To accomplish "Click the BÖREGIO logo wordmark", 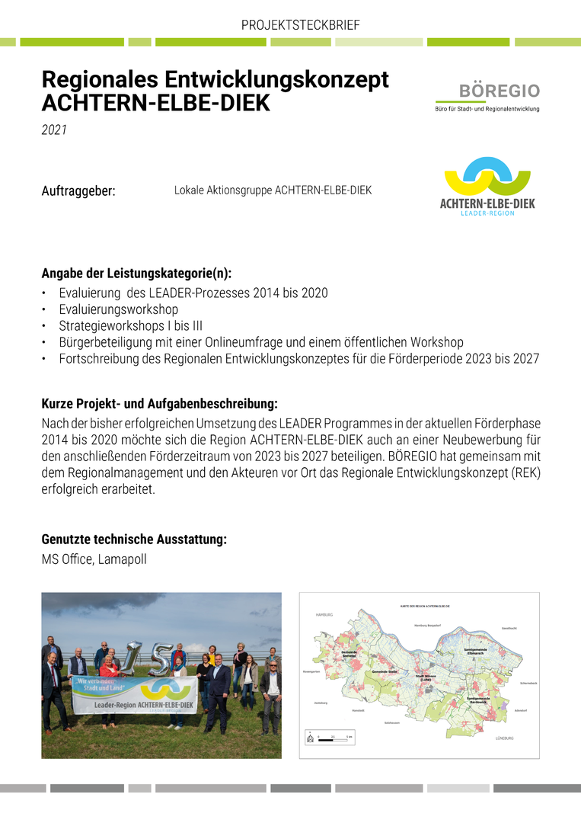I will point(499,91).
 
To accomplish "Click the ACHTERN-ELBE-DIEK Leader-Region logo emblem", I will point(487,178).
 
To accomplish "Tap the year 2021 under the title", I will point(54,130).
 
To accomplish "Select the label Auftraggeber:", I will point(78,191).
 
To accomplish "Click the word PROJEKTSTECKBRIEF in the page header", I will point(300,25).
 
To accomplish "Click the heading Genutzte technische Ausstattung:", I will point(134,540).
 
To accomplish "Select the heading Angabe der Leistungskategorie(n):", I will point(136,273).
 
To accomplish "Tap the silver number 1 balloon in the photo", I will point(133,655).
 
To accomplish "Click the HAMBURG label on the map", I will point(325,614).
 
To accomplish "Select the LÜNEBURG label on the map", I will point(505,738).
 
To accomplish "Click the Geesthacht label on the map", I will point(509,628).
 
